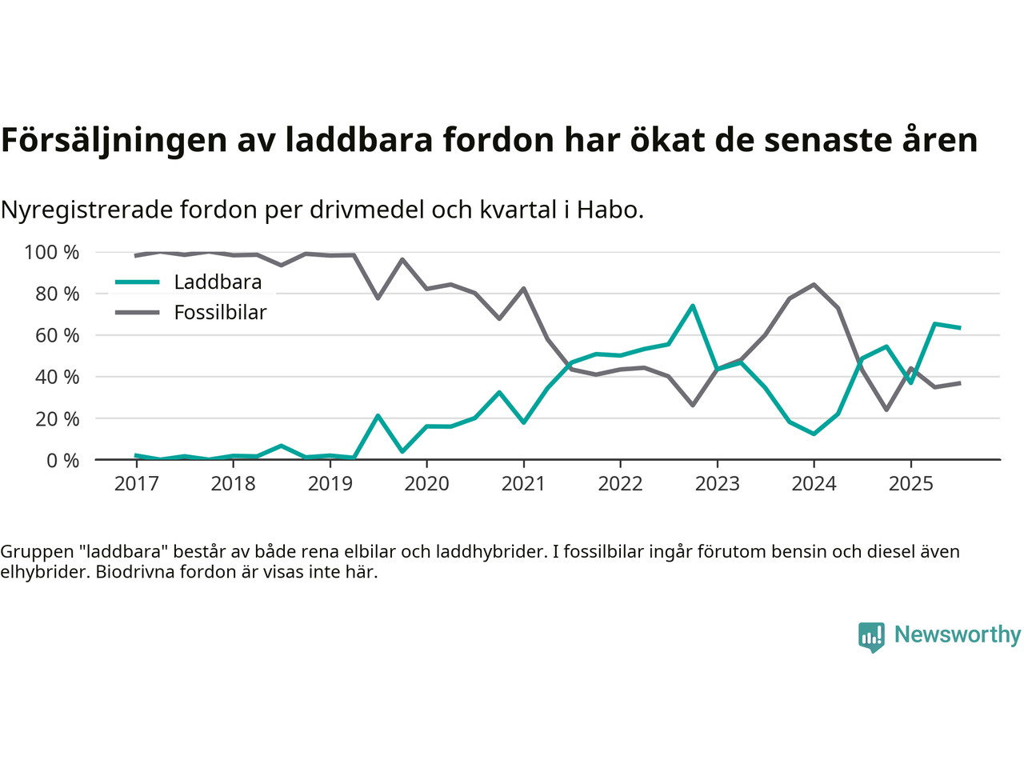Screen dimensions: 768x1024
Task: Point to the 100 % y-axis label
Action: (x=52, y=253)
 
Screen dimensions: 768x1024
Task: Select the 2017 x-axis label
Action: (x=137, y=484)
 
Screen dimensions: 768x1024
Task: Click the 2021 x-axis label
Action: (x=523, y=484)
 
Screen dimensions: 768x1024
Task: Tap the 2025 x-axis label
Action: (x=910, y=484)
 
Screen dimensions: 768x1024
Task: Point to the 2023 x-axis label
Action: (x=717, y=484)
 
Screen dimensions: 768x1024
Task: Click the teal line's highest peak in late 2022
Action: (x=693, y=306)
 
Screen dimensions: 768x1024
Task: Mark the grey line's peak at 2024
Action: (x=814, y=285)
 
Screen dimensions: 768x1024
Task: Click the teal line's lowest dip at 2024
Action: (x=814, y=434)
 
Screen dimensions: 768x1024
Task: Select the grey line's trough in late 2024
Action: (x=886, y=410)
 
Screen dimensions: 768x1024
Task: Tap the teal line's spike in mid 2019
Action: (x=378, y=416)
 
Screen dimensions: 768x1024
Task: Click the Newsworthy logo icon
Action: (x=871, y=637)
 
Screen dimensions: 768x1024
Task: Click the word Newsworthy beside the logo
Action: (x=957, y=635)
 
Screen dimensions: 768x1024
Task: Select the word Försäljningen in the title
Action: (x=114, y=140)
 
